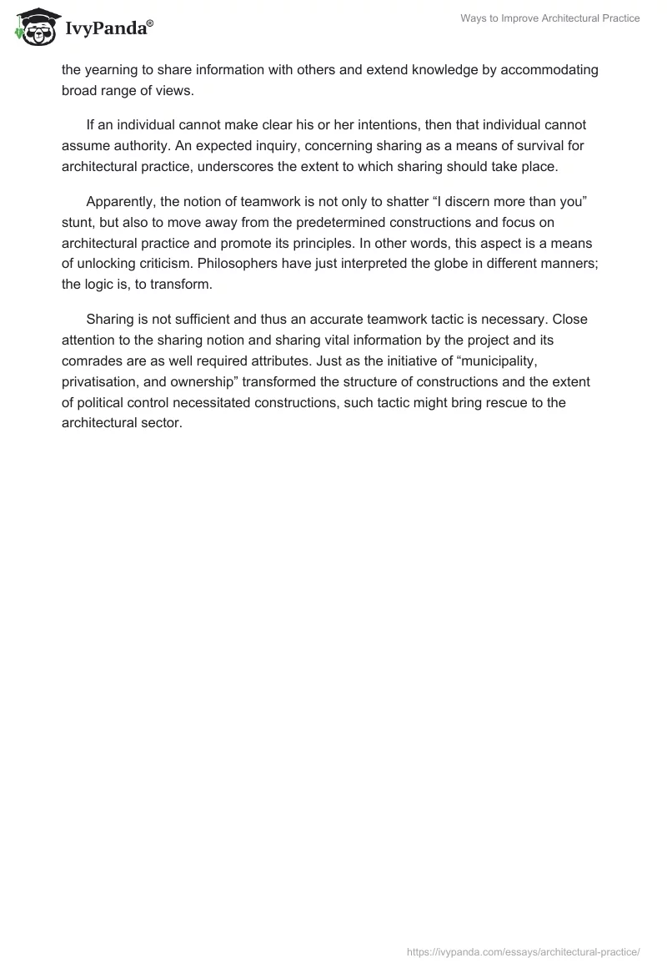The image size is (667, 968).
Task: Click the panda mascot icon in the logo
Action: [33, 28]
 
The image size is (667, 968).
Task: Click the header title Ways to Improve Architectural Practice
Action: [550, 18]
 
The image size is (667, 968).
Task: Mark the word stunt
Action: [77, 223]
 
